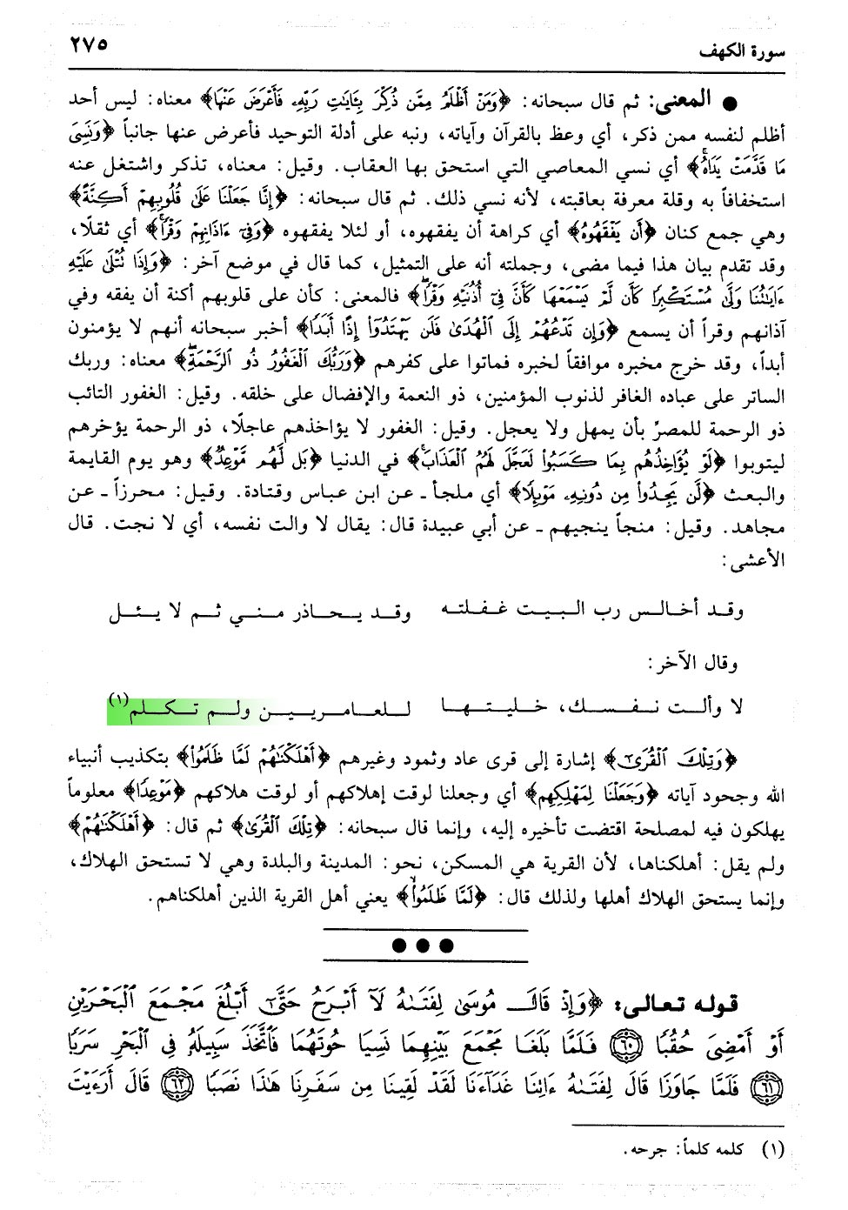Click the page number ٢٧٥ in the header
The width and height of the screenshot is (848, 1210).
click(x=88, y=43)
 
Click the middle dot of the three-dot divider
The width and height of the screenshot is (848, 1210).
click(x=424, y=946)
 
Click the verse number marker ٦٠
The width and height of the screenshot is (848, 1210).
click(x=634, y=1045)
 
